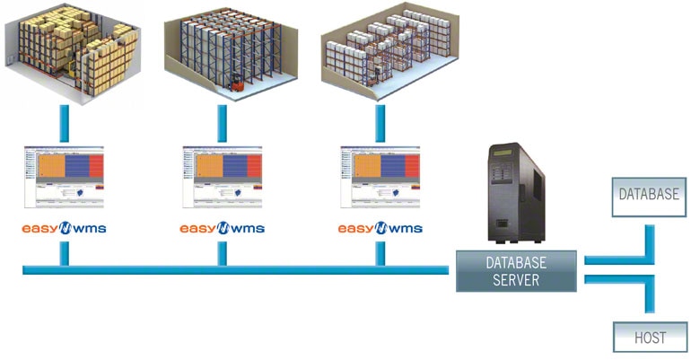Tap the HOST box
(651, 338)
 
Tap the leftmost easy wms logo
(65, 228)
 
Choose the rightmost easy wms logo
(380, 228)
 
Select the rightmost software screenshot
(380, 175)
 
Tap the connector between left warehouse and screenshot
(65, 124)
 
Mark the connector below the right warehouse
(380, 124)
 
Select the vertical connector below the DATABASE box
(651, 235)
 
